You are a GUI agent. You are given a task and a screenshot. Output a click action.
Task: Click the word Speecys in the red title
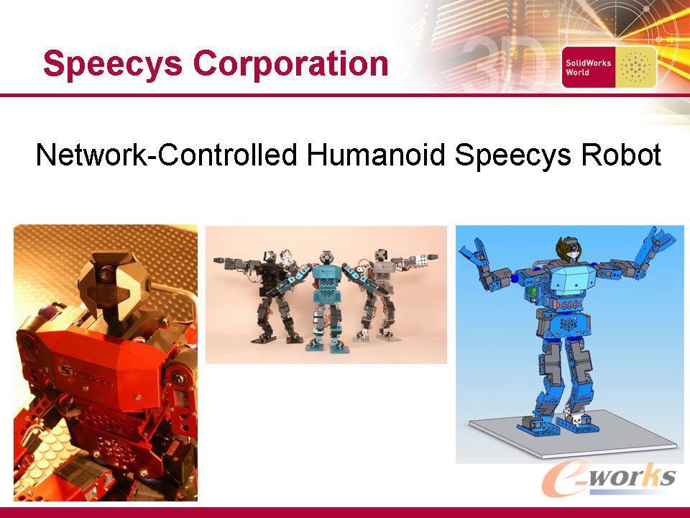[113, 65]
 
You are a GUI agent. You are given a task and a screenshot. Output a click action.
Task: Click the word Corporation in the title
[291, 63]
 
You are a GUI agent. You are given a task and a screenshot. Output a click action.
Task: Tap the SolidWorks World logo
[609, 68]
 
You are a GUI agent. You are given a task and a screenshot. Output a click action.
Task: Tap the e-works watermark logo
[609, 478]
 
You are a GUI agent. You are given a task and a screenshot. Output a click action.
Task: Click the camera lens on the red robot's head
[105, 273]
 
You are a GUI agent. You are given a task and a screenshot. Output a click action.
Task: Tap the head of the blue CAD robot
[569, 250]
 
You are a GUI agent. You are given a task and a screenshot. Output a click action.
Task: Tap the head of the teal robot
[326, 257]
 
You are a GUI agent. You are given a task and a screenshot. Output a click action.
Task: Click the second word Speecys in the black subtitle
[513, 155]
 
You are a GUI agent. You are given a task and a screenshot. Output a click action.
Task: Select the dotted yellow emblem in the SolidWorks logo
[635, 68]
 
